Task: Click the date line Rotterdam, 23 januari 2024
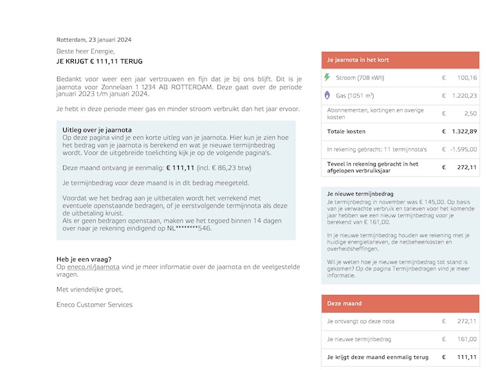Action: click(x=94, y=39)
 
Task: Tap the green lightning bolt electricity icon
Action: click(x=327, y=78)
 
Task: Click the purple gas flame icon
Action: click(x=327, y=95)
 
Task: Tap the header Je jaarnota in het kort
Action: click(x=358, y=60)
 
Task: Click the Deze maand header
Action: click(x=344, y=303)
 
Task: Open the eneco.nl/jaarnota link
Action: click(x=93, y=267)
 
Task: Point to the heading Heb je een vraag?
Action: click(x=84, y=260)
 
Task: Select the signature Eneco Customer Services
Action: click(x=95, y=304)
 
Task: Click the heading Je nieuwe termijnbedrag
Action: click(x=360, y=193)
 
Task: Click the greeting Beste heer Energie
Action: click(x=86, y=51)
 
